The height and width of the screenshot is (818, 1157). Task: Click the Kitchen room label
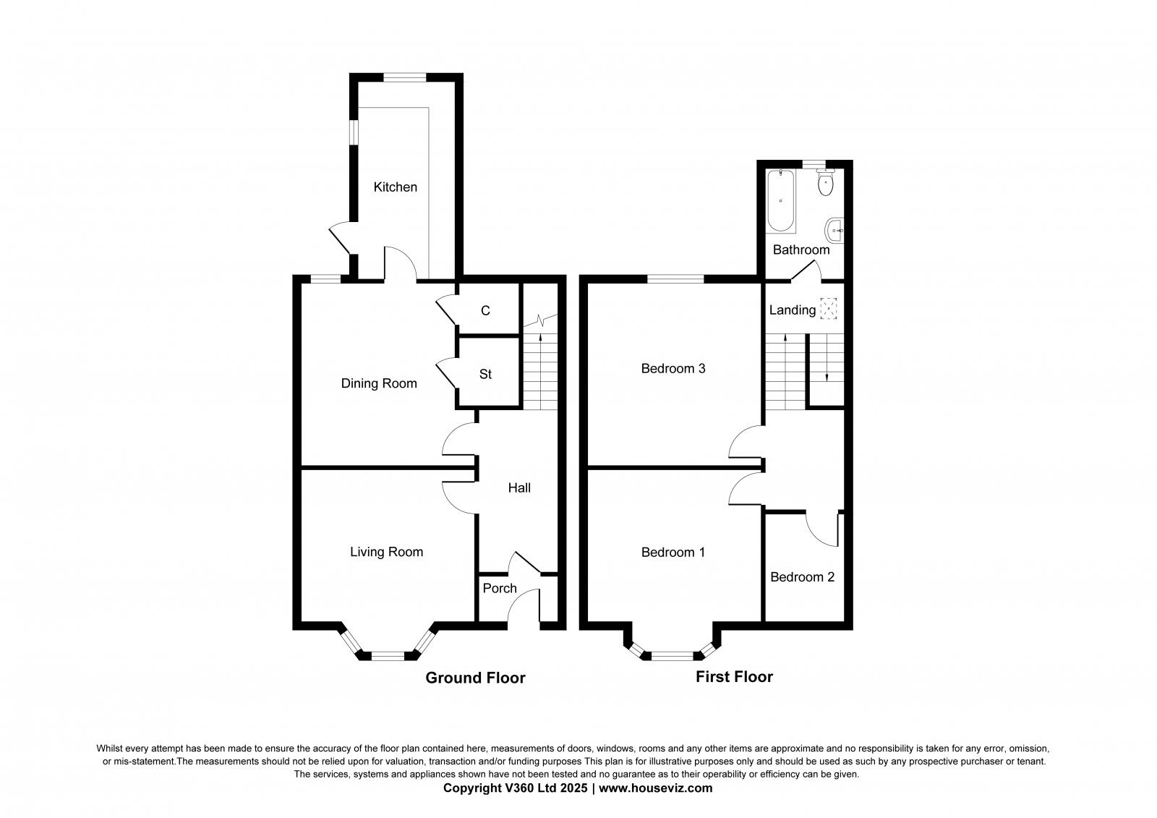click(395, 187)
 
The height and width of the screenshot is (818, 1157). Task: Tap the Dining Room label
click(379, 383)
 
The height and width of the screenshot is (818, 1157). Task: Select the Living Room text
click(386, 552)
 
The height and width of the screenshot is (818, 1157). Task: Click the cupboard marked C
click(485, 310)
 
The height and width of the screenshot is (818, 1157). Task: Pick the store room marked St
click(485, 374)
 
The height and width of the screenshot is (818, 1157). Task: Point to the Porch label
click(500, 588)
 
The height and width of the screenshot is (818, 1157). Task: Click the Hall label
click(519, 488)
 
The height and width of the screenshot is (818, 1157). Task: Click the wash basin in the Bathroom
click(834, 231)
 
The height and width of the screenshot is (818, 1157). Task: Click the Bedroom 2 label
click(802, 577)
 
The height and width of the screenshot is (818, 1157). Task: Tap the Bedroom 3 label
click(673, 369)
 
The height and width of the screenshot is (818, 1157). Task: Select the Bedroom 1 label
click(673, 553)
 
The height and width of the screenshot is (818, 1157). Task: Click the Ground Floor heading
click(475, 678)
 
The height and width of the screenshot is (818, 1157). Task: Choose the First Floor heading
click(734, 677)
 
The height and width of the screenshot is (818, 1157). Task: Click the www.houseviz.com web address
click(655, 788)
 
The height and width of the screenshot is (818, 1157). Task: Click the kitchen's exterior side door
click(340, 241)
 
